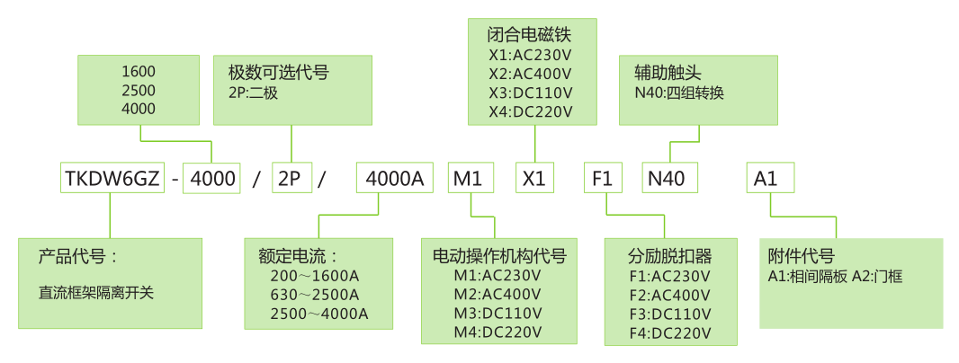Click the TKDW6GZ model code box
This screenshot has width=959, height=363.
click(112, 178)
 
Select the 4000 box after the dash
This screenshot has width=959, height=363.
click(211, 178)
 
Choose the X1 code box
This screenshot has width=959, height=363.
click(535, 178)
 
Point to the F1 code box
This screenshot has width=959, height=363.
click(605, 178)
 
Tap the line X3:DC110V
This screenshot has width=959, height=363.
click(529, 93)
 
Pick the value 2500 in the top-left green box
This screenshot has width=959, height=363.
click(138, 90)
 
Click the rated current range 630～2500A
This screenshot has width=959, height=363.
click(315, 295)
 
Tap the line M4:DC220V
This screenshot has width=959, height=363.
click(497, 332)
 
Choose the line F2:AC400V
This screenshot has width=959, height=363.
click(670, 296)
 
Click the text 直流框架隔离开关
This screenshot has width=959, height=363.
click(96, 293)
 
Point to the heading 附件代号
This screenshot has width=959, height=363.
click(802, 255)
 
